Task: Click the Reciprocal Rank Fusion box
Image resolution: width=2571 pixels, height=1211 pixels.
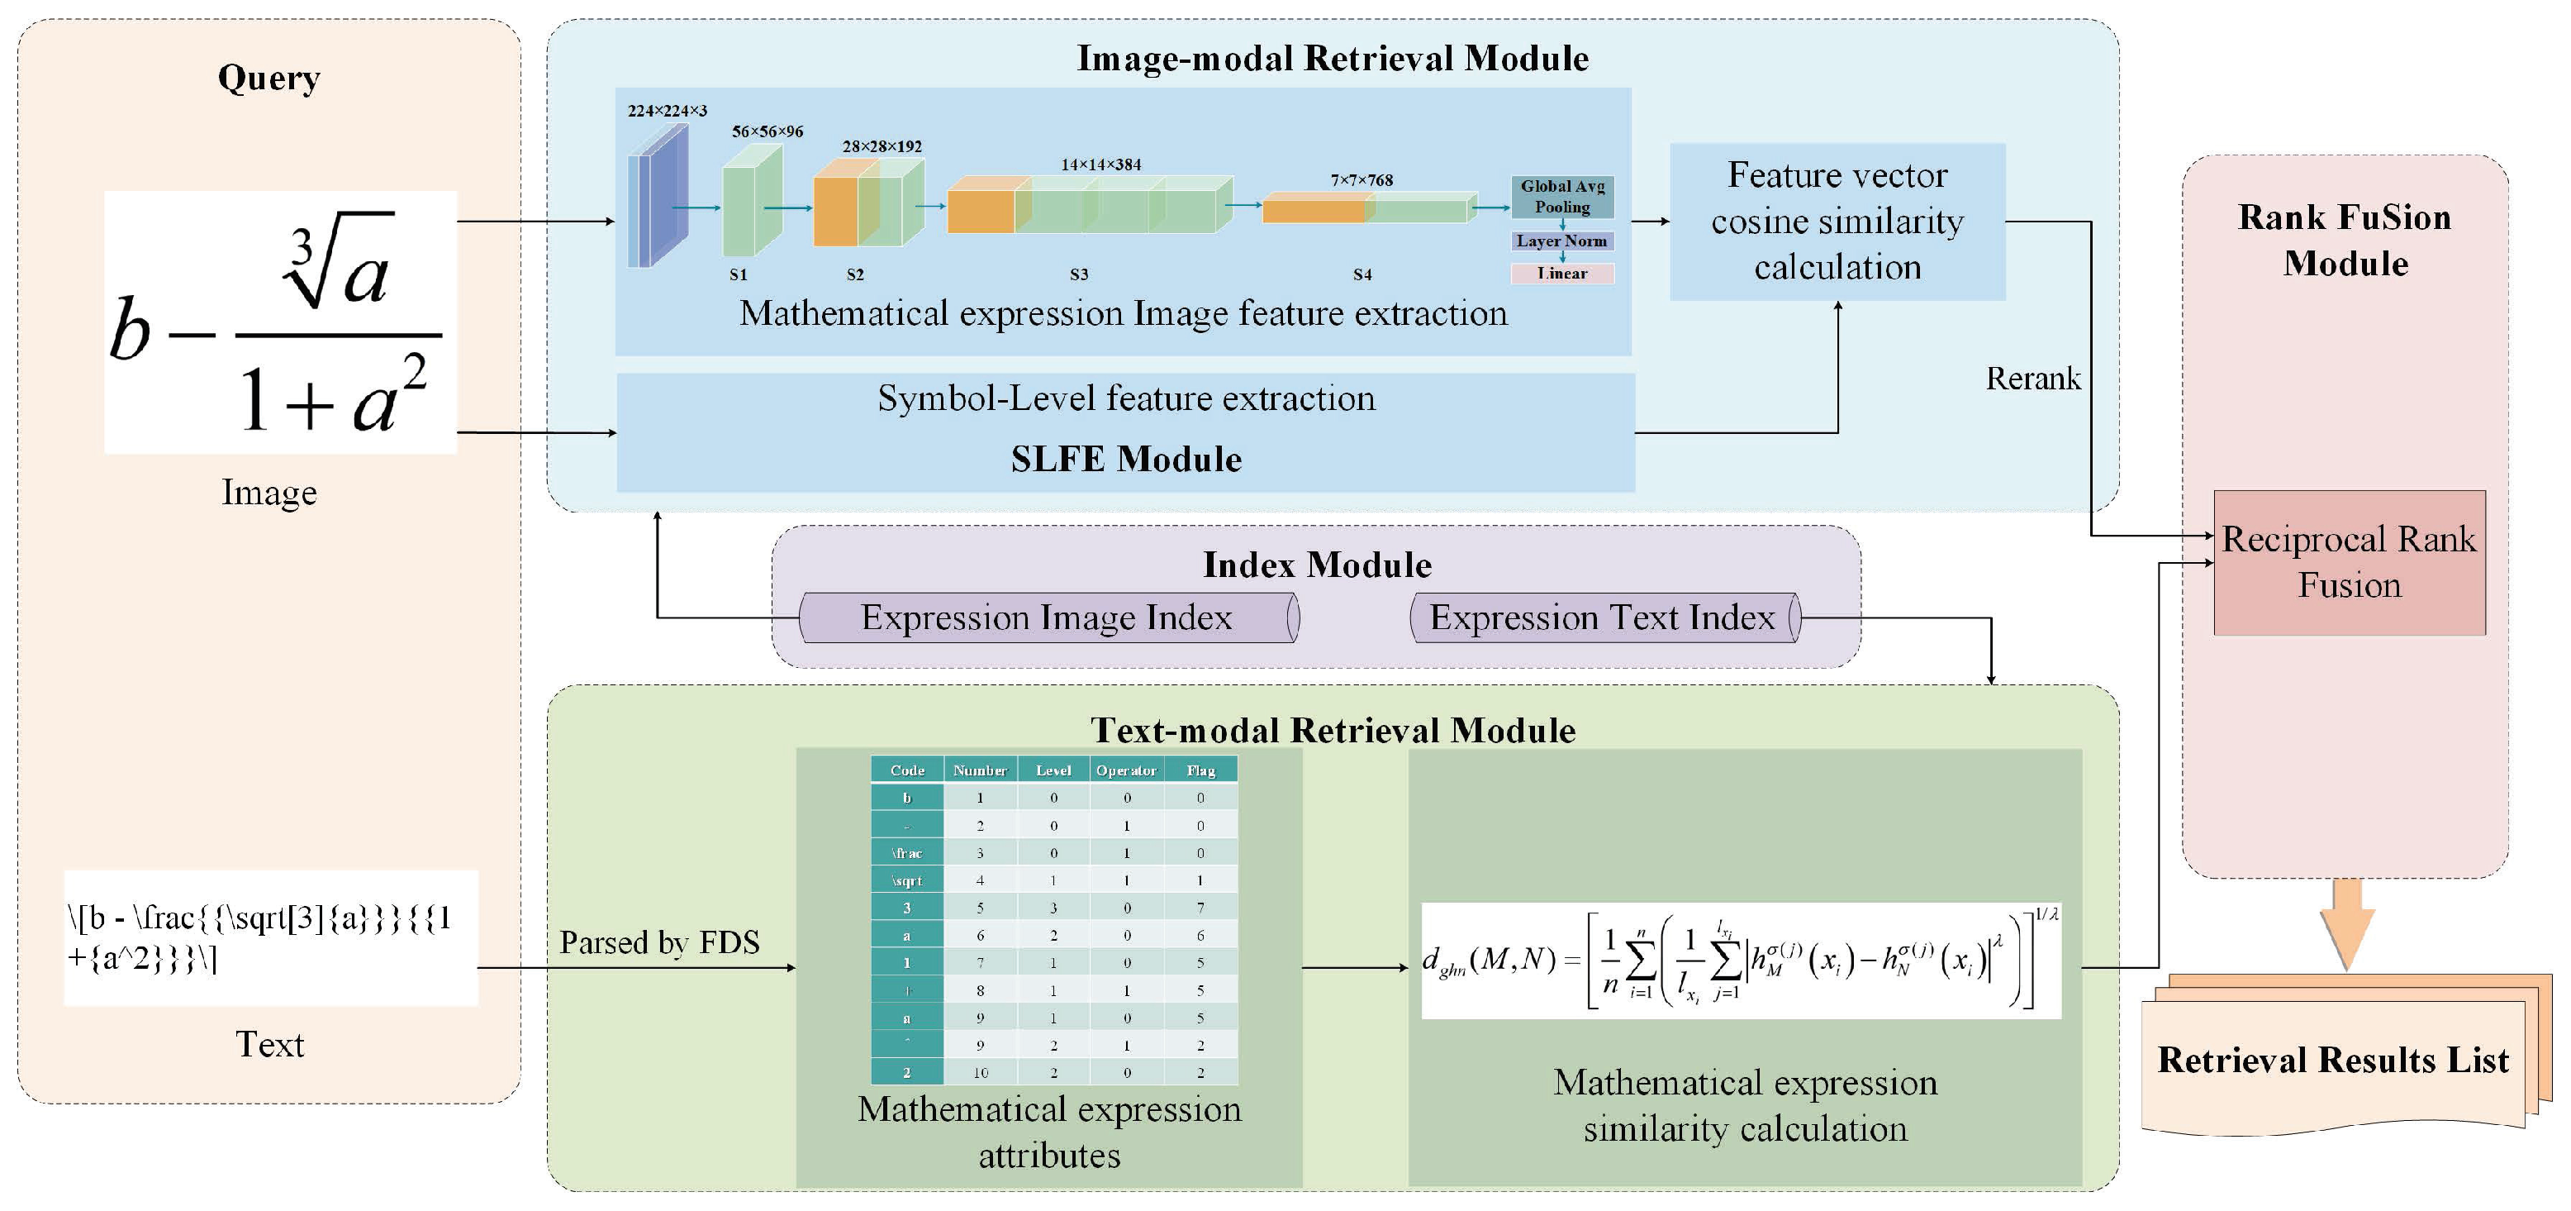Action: [2349, 562]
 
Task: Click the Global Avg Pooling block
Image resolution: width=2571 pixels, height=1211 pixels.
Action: [1562, 196]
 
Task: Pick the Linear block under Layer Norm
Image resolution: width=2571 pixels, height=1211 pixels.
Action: [1562, 273]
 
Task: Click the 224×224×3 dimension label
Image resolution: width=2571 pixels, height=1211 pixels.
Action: [667, 111]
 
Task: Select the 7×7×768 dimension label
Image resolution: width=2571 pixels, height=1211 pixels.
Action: [1362, 179]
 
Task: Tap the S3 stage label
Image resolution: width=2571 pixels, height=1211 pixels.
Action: [1079, 274]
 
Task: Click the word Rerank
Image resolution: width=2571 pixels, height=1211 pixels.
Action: [2032, 379]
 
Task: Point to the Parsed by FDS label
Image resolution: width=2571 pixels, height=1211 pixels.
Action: [658, 942]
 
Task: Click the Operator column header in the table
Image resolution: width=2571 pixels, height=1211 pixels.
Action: [1126, 770]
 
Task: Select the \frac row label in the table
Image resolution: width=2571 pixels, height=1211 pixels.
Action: [906, 852]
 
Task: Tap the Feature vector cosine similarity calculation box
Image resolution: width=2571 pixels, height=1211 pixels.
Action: [1837, 221]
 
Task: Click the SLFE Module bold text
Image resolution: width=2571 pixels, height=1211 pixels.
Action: [1126, 460]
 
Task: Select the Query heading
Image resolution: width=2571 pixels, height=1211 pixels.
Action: [269, 77]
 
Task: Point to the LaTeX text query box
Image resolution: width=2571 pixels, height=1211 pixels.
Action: [270, 937]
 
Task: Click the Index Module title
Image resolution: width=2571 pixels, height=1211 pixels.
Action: [1315, 565]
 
